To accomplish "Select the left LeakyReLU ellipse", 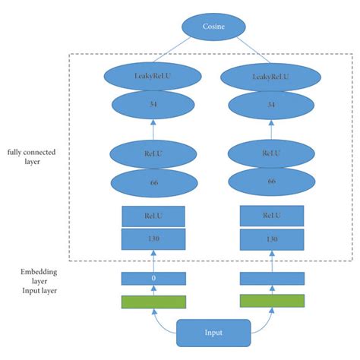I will (x=154, y=76).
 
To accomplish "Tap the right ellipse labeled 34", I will (x=270, y=106).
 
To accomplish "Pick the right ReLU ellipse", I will (x=270, y=153).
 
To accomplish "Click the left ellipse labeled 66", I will (x=154, y=182).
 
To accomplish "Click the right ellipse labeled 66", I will (x=270, y=184).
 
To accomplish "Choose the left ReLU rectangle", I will (x=154, y=216).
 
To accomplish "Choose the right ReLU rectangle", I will (x=271, y=216).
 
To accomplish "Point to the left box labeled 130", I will (x=154, y=238).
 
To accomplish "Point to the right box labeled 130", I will (x=271, y=238).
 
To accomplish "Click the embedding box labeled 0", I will (x=154, y=279).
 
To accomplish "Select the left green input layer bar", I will (x=154, y=301).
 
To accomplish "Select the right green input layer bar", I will (x=271, y=301).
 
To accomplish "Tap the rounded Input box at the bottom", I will (x=213, y=333).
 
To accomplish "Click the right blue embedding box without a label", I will (x=271, y=279).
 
